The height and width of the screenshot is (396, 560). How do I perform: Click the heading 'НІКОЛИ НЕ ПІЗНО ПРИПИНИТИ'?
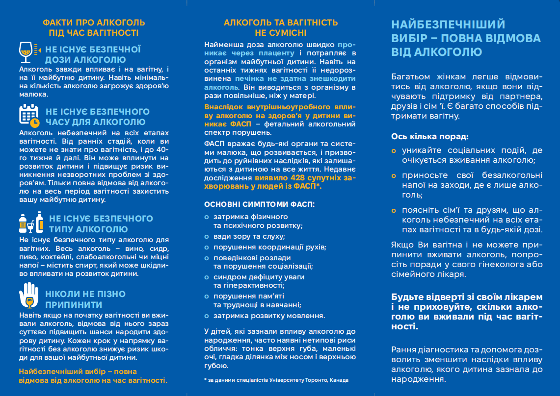pyautogui.click(x=85, y=299)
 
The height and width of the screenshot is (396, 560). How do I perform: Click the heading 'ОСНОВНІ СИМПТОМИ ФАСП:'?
pyautogui.click(x=259, y=204)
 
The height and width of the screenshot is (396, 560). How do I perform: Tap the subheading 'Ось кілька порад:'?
pyautogui.click(x=429, y=137)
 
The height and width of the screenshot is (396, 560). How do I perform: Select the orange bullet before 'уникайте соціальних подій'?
pyautogui.click(x=394, y=151)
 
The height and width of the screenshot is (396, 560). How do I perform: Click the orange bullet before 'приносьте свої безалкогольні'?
pyautogui.click(x=394, y=175)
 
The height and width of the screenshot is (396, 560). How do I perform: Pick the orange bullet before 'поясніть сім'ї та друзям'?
pyautogui.click(x=394, y=210)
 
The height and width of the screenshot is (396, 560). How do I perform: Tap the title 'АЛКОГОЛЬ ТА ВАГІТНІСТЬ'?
pyautogui.click(x=280, y=23)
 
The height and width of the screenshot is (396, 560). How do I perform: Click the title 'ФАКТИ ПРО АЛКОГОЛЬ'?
pyautogui.click(x=94, y=23)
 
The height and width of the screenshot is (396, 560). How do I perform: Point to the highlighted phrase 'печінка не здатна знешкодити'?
pyautogui.click(x=295, y=78)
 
